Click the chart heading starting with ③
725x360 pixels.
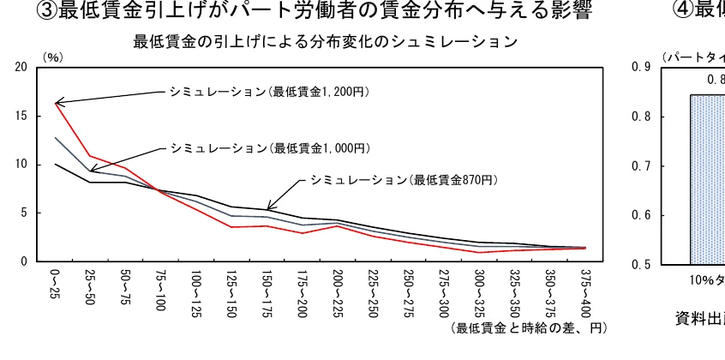pos(325,11)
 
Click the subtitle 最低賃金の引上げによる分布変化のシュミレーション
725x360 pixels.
pos(325,41)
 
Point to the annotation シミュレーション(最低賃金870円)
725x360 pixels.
pos(404,180)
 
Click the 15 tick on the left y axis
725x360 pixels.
pos(21,116)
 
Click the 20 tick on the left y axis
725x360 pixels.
pos(21,68)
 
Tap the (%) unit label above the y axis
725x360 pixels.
pos(53,57)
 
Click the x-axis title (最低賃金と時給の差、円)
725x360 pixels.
pos(529,328)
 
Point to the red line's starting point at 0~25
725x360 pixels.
pos(56,103)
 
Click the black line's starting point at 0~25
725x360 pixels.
pos(56,164)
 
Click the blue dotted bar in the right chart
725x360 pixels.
pos(707,180)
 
